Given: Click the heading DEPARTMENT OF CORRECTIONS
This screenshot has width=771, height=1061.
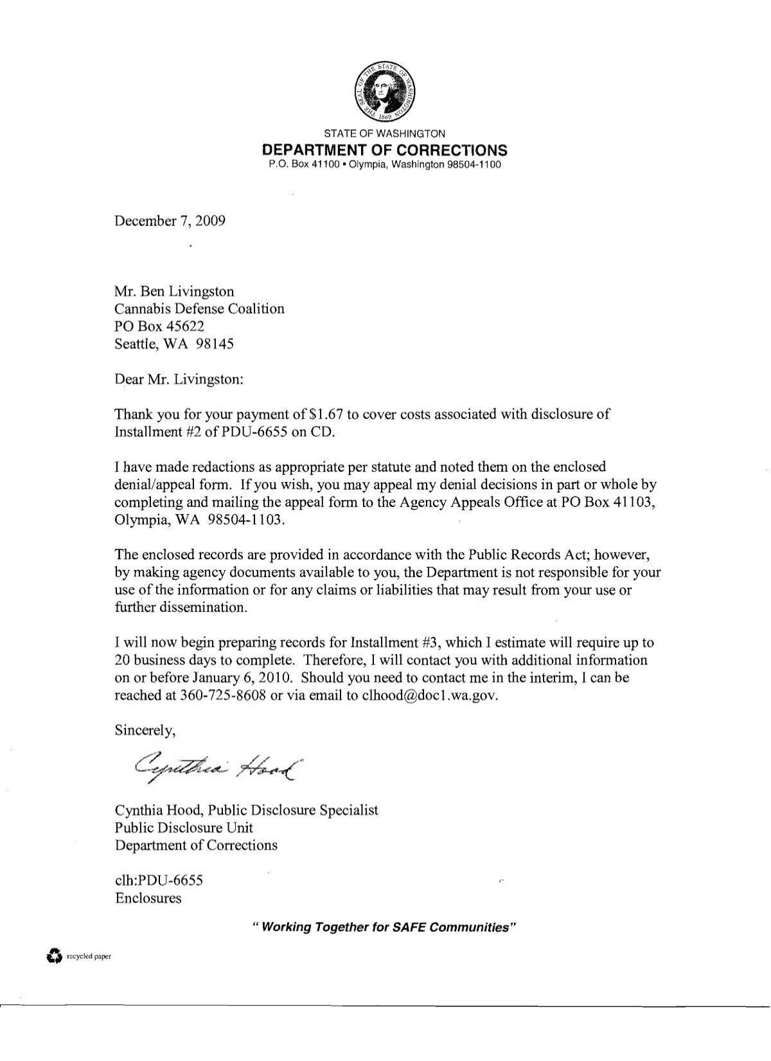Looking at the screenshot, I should point(384,150).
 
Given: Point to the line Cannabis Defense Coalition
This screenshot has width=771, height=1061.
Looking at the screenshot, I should point(199,308).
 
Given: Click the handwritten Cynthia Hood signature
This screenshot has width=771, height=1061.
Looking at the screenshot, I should point(217,765).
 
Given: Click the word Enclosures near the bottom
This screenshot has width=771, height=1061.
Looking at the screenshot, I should point(148,898).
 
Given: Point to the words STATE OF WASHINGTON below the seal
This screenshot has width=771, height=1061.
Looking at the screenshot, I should point(384,134).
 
